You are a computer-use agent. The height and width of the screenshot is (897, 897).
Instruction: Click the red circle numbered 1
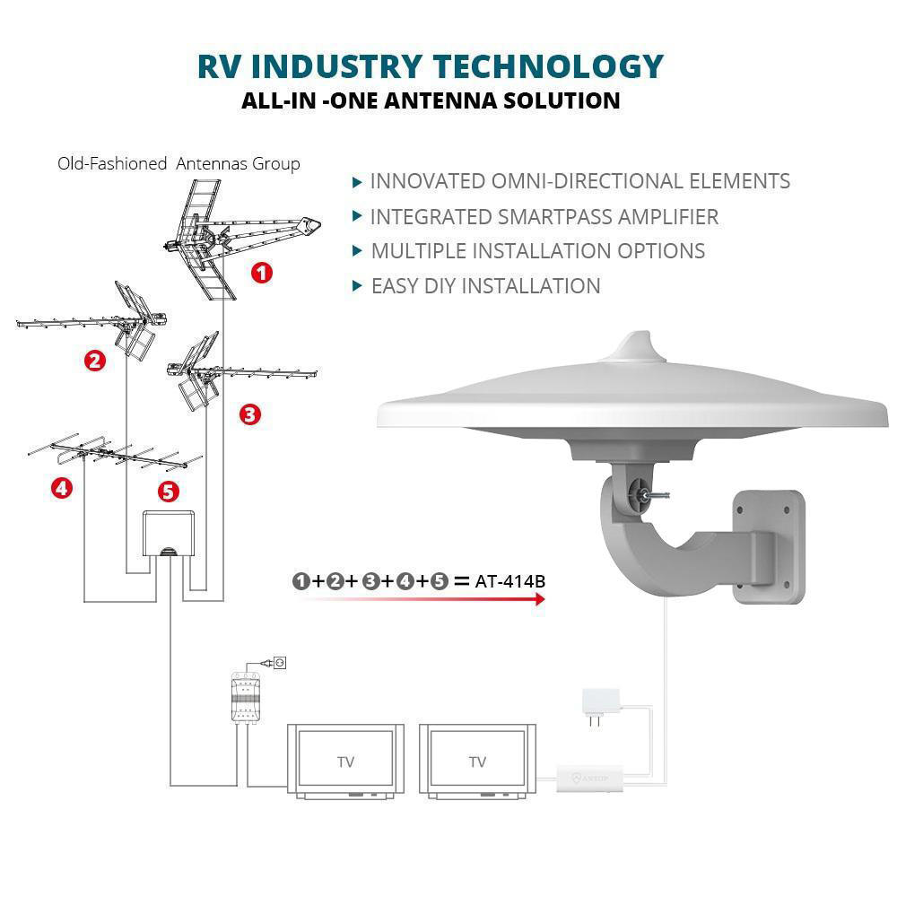261,273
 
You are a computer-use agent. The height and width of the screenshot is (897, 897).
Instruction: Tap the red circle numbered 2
95,361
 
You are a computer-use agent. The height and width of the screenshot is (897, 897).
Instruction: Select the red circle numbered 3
250,414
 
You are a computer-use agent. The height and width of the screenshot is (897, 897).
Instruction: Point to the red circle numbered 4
61,488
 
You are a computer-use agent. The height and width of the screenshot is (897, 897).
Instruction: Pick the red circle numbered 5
168,491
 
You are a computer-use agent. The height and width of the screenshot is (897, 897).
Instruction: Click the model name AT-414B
511,580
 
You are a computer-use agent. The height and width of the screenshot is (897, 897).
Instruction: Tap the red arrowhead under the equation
540,598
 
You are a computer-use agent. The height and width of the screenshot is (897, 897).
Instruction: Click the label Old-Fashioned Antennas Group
179,163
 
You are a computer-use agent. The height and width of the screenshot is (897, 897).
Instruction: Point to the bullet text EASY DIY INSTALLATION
485,286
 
